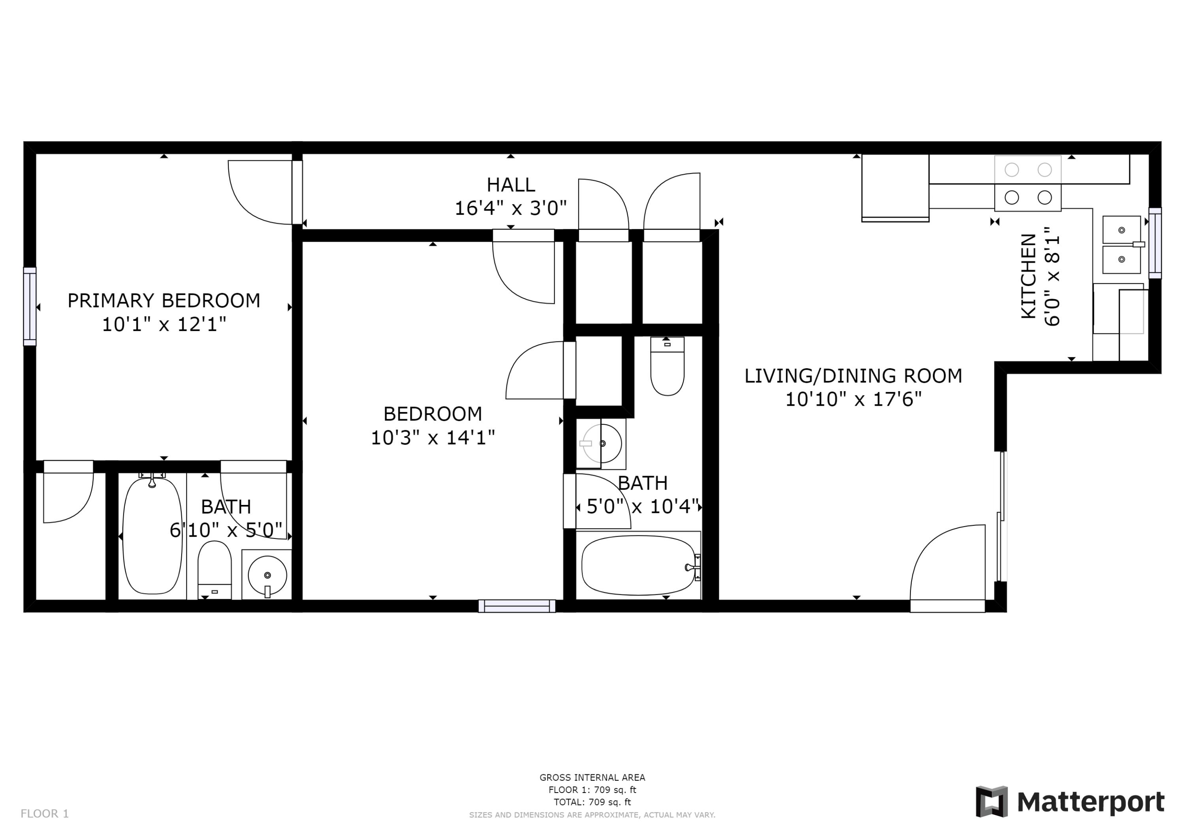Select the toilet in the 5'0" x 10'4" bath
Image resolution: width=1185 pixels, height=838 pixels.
(x=667, y=367)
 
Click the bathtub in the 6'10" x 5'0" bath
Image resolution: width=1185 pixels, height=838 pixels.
(x=152, y=535)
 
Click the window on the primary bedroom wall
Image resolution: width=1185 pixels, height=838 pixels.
(x=30, y=306)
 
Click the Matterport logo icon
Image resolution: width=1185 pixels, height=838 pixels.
(x=991, y=802)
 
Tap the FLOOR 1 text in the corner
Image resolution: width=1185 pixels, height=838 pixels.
(x=44, y=814)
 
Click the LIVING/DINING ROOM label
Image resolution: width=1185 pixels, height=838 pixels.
(x=853, y=376)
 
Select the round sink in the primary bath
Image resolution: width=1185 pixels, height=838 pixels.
(x=267, y=575)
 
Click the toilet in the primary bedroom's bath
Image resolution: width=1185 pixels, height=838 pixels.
(x=214, y=569)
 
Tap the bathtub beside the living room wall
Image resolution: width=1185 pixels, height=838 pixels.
(x=638, y=565)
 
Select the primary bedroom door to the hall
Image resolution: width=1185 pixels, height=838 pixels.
(x=261, y=192)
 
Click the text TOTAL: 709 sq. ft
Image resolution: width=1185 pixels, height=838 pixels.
(x=592, y=802)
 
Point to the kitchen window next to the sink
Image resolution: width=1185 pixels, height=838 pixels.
(x=1155, y=243)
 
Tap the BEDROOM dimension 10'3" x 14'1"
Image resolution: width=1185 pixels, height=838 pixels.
(x=433, y=438)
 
